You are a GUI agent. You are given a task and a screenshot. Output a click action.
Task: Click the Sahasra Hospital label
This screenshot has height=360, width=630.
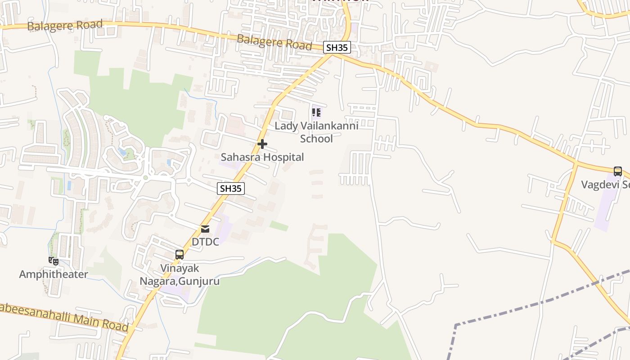[262, 157]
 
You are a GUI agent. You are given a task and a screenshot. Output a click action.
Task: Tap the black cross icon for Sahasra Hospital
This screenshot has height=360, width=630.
[262, 144]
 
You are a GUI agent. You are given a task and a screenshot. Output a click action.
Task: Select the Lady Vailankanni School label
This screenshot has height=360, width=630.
[316, 132]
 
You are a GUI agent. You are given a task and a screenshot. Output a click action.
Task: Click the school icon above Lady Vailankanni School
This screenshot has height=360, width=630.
[317, 112]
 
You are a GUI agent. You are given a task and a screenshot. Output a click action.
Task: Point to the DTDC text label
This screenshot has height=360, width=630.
[205, 242]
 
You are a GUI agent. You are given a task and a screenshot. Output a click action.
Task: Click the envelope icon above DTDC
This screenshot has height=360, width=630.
[205, 229]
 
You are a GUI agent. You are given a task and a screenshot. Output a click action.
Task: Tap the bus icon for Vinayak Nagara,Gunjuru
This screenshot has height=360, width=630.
[179, 255]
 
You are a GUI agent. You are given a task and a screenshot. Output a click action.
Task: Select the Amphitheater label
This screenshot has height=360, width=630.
[54, 274]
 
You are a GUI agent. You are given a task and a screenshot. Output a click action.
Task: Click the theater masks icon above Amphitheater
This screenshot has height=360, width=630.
[53, 261]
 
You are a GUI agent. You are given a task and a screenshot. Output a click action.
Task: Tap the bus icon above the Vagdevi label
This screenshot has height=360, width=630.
[618, 171]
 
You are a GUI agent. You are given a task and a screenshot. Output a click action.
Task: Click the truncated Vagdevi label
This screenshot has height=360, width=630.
[605, 184]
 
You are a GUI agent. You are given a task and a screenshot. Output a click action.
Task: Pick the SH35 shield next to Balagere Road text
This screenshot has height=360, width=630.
[337, 47]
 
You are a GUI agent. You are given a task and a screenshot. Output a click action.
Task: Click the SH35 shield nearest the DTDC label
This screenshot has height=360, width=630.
[231, 189]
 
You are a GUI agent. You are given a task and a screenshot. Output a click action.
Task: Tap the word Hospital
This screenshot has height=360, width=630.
[283, 157]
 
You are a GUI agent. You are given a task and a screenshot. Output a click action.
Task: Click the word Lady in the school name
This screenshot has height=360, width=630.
[286, 126]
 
